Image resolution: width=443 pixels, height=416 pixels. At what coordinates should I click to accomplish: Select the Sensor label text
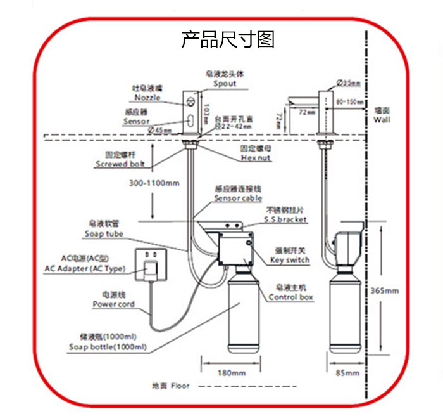tap(137, 121)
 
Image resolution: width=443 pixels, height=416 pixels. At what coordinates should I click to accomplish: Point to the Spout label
tap(225, 84)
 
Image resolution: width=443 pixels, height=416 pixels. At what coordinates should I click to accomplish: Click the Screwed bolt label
tap(120, 164)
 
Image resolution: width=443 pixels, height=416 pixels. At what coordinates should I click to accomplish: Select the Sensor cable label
tap(238, 198)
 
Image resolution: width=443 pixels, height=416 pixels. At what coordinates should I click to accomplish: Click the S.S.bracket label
tap(285, 219)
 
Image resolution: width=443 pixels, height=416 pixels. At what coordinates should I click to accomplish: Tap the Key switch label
tap(290, 260)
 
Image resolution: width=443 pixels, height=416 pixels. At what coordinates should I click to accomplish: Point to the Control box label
tap(291, 297)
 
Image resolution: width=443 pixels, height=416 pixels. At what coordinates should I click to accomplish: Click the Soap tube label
tap(104, 234)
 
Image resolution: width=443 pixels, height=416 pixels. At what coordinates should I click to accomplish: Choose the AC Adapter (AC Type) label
tap(85, 268)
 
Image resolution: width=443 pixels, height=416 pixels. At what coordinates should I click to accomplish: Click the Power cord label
tap(114, 304)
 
